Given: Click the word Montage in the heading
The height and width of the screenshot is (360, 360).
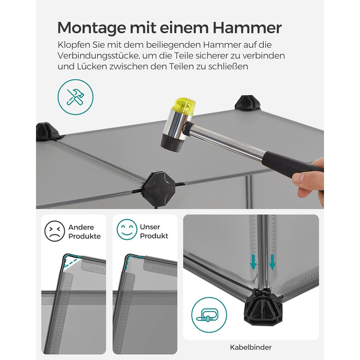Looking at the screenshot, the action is coord(92,28).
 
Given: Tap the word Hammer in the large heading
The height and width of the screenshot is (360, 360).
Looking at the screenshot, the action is coord(247,28).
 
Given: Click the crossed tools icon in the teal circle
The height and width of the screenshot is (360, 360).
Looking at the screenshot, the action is coord(75,97).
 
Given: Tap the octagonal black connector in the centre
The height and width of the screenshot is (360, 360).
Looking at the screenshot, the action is coord(158,186).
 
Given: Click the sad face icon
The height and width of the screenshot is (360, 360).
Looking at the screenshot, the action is coord(55,231).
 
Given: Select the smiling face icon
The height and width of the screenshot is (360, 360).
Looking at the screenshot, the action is coord(127,229).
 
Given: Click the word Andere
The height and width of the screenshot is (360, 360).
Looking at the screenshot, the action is coord(81,227).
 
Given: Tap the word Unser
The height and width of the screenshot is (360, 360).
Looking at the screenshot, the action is coord(150,227).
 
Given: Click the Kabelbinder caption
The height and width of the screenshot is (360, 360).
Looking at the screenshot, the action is coord(251,347).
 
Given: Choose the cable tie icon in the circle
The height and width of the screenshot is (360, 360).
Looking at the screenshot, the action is coord(209,315).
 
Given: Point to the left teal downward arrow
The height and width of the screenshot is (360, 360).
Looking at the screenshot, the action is coord(253,262).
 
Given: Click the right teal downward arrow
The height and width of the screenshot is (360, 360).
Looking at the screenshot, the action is coord(272,262).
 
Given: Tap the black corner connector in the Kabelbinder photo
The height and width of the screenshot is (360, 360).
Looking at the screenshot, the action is coord(263,308).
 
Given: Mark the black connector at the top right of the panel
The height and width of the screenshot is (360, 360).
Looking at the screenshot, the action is coord(247,103).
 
